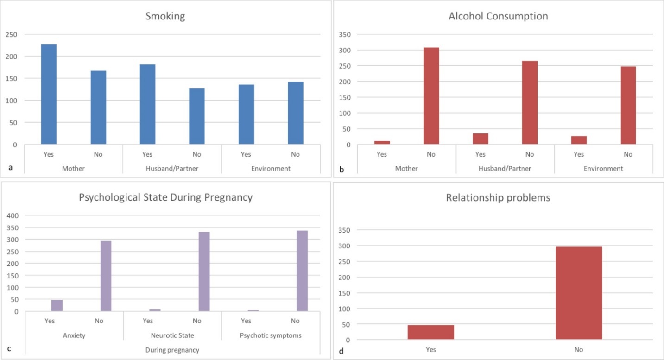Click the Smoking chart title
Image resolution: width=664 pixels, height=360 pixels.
tap(165, 17)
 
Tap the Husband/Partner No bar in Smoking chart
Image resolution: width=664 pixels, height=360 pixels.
tap(196, 116)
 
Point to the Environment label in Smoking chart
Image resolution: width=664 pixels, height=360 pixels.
tap(271, 168)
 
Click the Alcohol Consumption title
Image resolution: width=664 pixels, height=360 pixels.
tap(498, 16)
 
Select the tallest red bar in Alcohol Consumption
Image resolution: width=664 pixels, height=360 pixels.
tap(431, 96)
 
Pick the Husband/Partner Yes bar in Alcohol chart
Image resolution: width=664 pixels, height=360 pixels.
tap(480, 139)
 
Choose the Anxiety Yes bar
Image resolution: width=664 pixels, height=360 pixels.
tap(57, 305)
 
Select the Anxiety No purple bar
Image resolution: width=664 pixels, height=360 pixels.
tap(106, 276)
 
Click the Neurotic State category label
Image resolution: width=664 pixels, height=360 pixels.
tap(172, 335)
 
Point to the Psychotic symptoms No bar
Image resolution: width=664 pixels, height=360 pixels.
tap(302, 271)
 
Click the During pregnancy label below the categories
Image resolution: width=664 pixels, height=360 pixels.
tap(172, 350)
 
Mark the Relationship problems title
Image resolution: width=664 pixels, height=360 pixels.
tap(498, 198)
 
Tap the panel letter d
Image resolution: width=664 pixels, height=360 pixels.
tap(342, 351)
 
